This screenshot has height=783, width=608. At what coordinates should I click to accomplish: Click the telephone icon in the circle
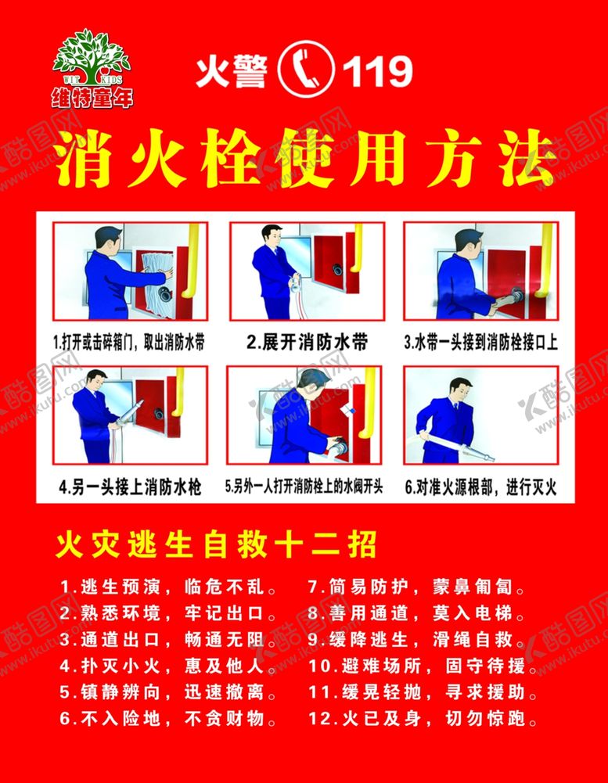click(x=306, y=70)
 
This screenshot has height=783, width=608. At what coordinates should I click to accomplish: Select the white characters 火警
click(x=232, y=71)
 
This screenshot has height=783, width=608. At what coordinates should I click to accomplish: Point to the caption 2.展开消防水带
click(x=307, y=342)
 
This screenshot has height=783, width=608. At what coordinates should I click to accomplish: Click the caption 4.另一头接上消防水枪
click(x=130, y=487)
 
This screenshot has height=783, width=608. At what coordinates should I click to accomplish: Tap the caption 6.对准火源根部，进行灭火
click(x=480, y=487)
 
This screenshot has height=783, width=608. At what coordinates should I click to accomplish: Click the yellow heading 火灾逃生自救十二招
click(x=216, y=544)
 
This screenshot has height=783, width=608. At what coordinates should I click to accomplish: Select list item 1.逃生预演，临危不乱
click(x=168, y=587)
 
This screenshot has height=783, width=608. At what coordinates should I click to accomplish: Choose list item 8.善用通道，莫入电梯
click(x=416, y=613)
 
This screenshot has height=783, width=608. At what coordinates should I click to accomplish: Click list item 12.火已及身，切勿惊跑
click(x=423, y=719)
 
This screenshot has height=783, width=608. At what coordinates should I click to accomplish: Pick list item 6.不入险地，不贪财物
click(x=168, y=719)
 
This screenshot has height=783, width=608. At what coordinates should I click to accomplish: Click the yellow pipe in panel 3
click(x=545, y=260)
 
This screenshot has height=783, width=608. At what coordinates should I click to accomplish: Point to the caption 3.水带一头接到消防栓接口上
click(x=480, y=342)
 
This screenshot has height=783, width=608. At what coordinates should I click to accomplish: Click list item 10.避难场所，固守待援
click(x=423, y=666)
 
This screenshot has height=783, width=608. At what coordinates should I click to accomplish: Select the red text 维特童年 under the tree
click(x=92, y=97)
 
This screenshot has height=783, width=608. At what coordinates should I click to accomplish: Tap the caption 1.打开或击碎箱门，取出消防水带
click(x=129, y=343)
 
